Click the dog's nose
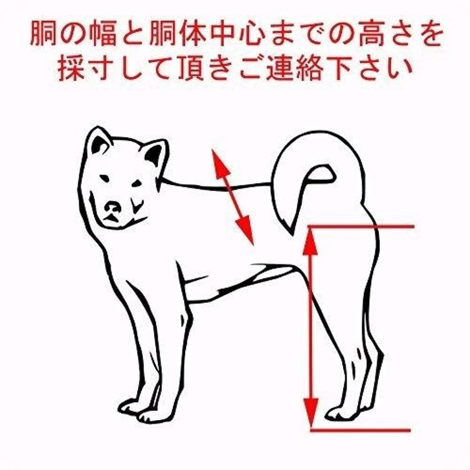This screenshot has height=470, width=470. pyautogui.click(x=113, y=207)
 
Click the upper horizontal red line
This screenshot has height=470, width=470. pyautogui.click(x=362, y=227)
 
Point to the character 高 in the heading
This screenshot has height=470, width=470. pyautogui.click(x=371, y=34)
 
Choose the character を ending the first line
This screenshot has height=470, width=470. pyautogui.click(x=428, y=34)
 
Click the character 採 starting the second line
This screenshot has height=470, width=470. pyautogui.click(x=71, y=68)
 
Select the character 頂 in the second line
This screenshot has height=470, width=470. pyautogui.click(x=191, y=68)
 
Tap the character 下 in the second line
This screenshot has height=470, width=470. pyautogui.click(x=340, y=68)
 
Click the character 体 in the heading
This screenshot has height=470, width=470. pyautogui.click(x=193, y=34)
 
